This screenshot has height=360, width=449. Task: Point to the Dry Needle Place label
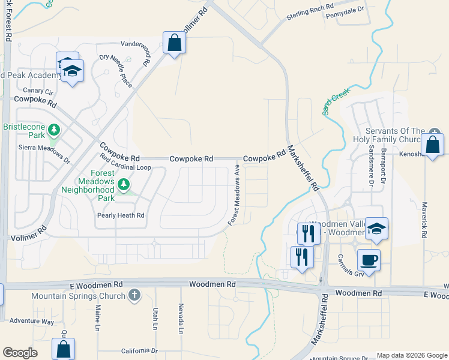(x=116, y=70)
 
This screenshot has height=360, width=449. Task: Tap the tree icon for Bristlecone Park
(x=54, y=130)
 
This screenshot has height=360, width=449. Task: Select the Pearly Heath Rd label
(x=121, y=215)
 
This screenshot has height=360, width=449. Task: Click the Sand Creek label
(x=336, y=101)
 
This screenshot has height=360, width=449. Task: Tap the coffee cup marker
(x=369, y=260)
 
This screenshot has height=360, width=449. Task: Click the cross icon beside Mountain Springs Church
(x=134, y=295)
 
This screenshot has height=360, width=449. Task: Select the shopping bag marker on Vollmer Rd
(x=174, y=43)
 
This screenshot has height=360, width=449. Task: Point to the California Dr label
(x=139, y=350)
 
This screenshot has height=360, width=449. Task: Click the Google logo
(x=20, y=353)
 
